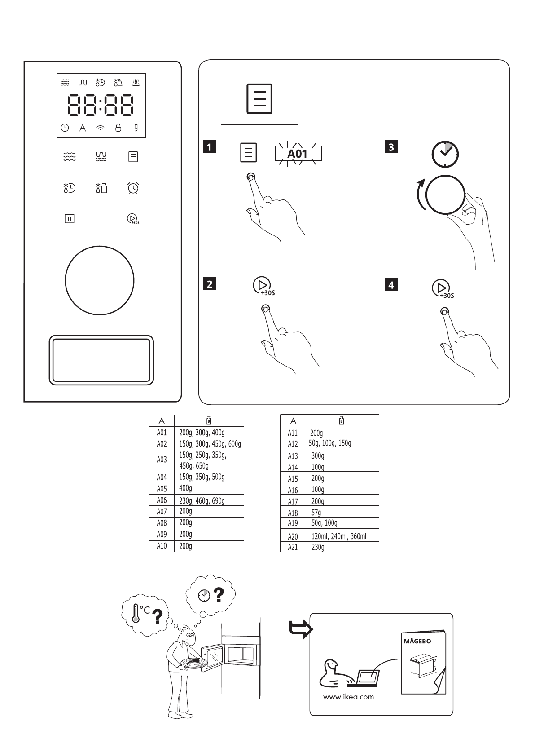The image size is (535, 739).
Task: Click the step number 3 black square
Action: pos(391,147)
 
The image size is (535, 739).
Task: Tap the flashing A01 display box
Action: pos(298,154)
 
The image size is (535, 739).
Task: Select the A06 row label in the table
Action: pos(162,500)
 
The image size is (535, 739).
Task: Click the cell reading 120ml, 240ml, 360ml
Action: pos(338,536)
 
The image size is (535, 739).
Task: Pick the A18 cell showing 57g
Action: pos(316,512)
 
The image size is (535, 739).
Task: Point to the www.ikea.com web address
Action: pos(348,697)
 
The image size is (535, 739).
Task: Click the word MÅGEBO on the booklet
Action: pos(417,641)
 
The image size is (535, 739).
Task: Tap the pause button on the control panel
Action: pos(69,218)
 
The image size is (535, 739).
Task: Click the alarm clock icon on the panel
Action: pos(133,188)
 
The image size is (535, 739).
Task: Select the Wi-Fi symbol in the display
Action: pos(100,128)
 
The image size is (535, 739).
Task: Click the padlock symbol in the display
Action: pos(118,128)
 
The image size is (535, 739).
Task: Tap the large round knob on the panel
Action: pos(100,280)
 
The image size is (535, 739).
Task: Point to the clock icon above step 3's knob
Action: pos(445,154)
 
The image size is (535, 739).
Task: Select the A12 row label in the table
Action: pos(293,444)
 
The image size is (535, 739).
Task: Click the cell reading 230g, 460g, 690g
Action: pos(202,501)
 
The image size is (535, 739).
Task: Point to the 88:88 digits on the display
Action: pos(101,105)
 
